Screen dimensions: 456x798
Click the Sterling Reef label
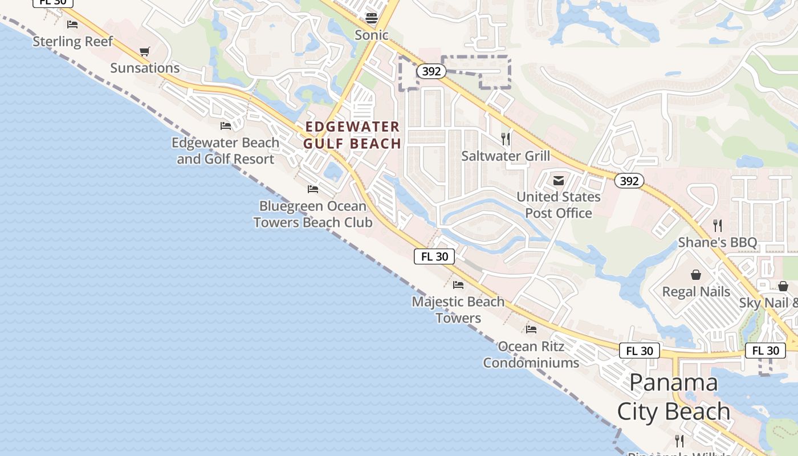[73, 42]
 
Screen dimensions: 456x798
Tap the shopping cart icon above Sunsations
[145, 52]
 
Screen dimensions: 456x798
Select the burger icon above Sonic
[372, 18]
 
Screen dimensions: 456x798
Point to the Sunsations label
[145, 68]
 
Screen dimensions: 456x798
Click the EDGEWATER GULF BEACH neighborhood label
[352, 135]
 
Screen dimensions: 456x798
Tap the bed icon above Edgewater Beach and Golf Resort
[226, 126]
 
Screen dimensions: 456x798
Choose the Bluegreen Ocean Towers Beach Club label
[313, 214]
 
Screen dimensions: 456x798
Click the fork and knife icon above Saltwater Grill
[505, 139]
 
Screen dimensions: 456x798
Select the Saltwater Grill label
[506, 156]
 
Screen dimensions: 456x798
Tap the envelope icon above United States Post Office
[559, 181]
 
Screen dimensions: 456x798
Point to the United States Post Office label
[559, 205]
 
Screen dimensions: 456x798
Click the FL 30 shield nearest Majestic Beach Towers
[434, 256]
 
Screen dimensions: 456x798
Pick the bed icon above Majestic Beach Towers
[458, 285]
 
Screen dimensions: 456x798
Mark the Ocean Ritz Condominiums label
[531, 355]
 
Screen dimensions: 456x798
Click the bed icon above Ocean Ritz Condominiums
[531, 329]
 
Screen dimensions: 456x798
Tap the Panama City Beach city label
[674, 397]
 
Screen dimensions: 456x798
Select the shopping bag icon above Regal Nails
[696, 275]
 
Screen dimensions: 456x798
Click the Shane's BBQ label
[718, 243]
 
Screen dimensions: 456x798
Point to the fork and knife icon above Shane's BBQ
[718, 226]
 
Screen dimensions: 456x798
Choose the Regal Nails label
[696, 292]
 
